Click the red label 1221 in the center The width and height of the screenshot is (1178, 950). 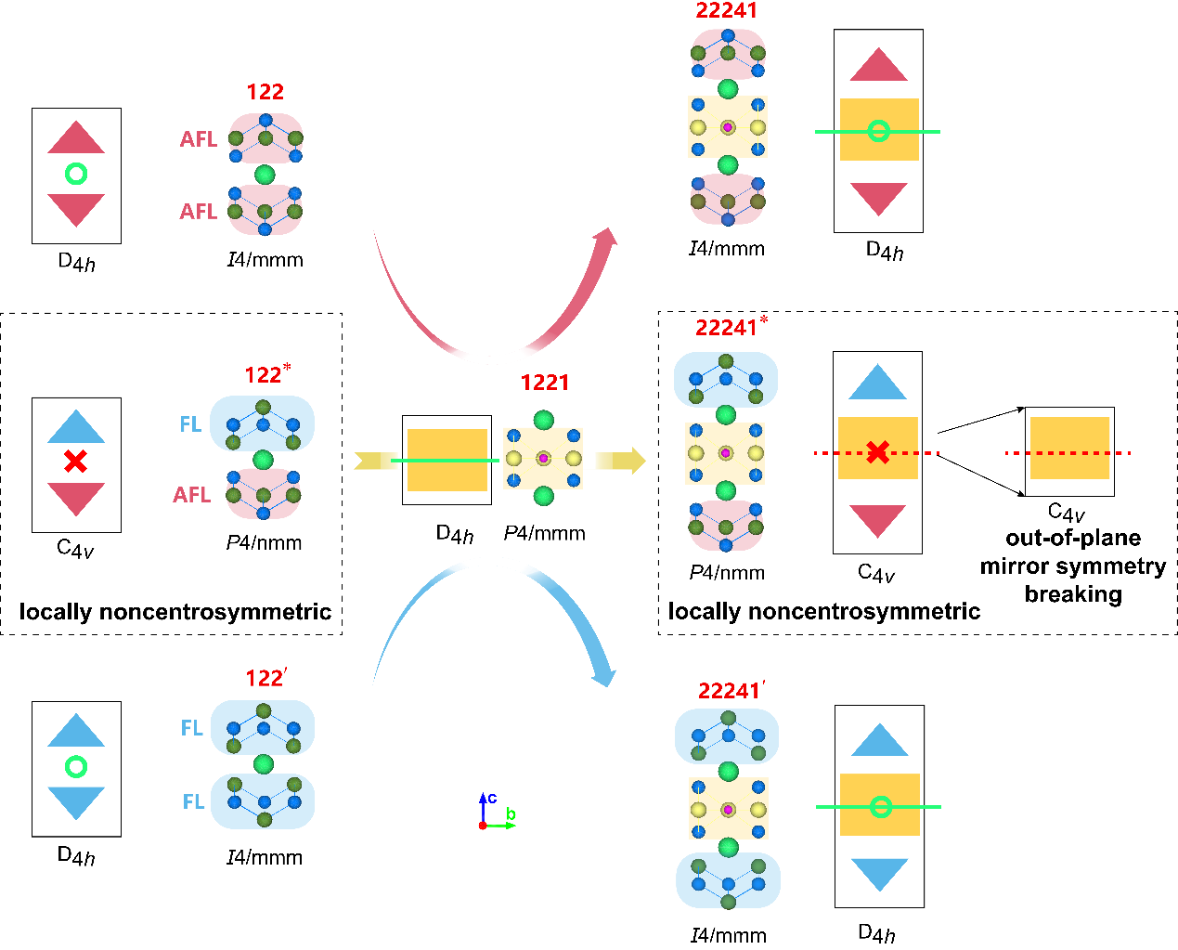coord(545,383)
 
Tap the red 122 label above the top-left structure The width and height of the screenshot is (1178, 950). coord(265,92)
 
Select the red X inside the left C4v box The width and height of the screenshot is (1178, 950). coord(76,461)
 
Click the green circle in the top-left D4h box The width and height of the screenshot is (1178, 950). coord(76,174)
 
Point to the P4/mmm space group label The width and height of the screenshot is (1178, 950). coord(545,534)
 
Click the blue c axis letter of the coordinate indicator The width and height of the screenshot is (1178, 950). coord(492,799)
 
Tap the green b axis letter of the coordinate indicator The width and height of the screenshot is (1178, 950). coord(511,815)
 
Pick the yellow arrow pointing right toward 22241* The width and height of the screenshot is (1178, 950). coord(621,460)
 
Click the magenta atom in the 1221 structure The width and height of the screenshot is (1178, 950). coord(543,459)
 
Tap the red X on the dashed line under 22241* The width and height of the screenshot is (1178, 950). coord(877,453)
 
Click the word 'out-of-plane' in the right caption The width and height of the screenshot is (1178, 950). coord(1073,539)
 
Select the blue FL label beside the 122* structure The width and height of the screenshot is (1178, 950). coord(190,424)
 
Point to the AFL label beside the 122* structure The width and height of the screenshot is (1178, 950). coord(192,495)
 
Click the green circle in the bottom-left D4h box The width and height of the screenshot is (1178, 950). coord(76,767)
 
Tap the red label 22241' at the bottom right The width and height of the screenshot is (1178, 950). coord(731,692)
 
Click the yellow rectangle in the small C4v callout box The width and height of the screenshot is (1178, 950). coord(1069,448)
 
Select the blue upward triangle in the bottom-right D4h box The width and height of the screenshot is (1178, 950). coord(879,740)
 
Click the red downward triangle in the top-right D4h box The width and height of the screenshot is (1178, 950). coord(878,198)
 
